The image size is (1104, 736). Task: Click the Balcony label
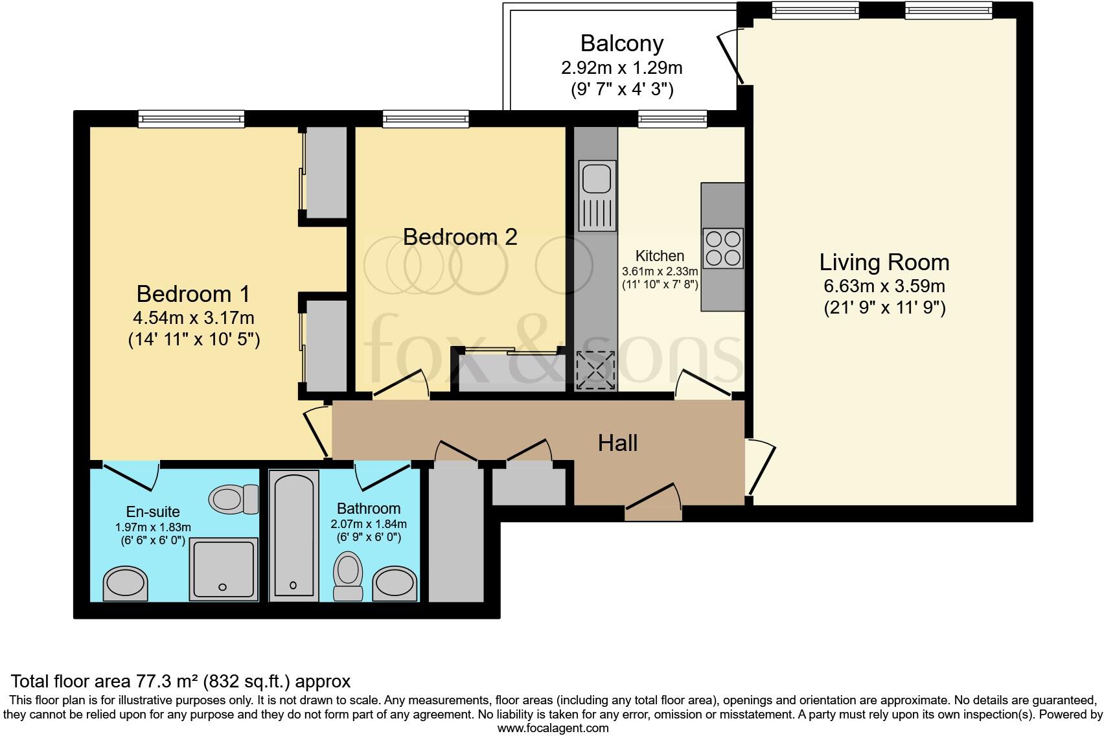[621, 43]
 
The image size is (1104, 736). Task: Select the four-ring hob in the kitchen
[723, 248]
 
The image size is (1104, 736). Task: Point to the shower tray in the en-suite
[224, 568]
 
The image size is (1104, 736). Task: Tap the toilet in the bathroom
[348, 574]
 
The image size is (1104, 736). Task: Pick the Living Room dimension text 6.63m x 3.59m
[884, 286]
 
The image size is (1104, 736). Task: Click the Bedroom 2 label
[460, 236]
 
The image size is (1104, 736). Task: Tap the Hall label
[617, 443]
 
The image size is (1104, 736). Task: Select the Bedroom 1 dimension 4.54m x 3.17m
[193, 318]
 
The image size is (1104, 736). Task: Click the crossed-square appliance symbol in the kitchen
[595, 370]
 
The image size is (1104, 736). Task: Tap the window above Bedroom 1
[192, 119]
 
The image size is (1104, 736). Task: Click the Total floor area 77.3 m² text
[181, 681]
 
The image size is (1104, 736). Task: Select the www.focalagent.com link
[552, 728]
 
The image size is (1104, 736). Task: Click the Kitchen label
[660, 255]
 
